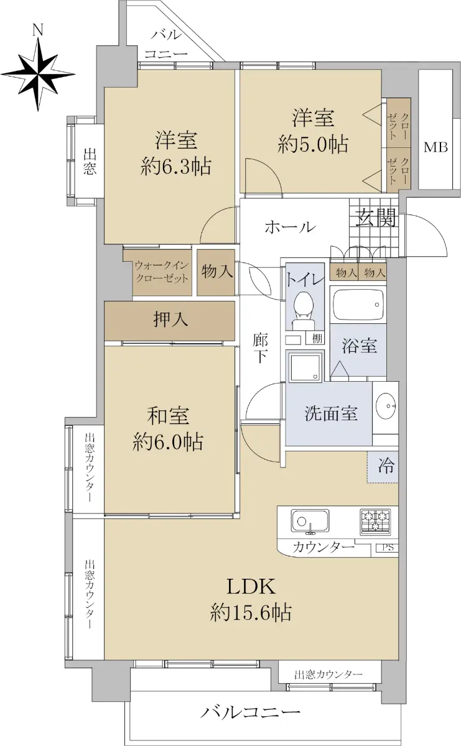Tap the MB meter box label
(x=435, y=147)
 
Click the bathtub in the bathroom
(x=358, y=305)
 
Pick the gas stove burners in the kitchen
(x=375, y=521)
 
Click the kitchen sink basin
(x=310, y=521)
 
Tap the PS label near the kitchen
(x=388, y=547)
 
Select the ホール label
(x=291, y=227)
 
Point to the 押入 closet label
(x=170, y=320)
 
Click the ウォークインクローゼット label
(x=162, y=272)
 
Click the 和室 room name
(x=168, y=416)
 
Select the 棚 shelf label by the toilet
(x=317, y=338)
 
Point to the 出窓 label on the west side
(x=90, y=162)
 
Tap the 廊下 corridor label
(x=260, y=348)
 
